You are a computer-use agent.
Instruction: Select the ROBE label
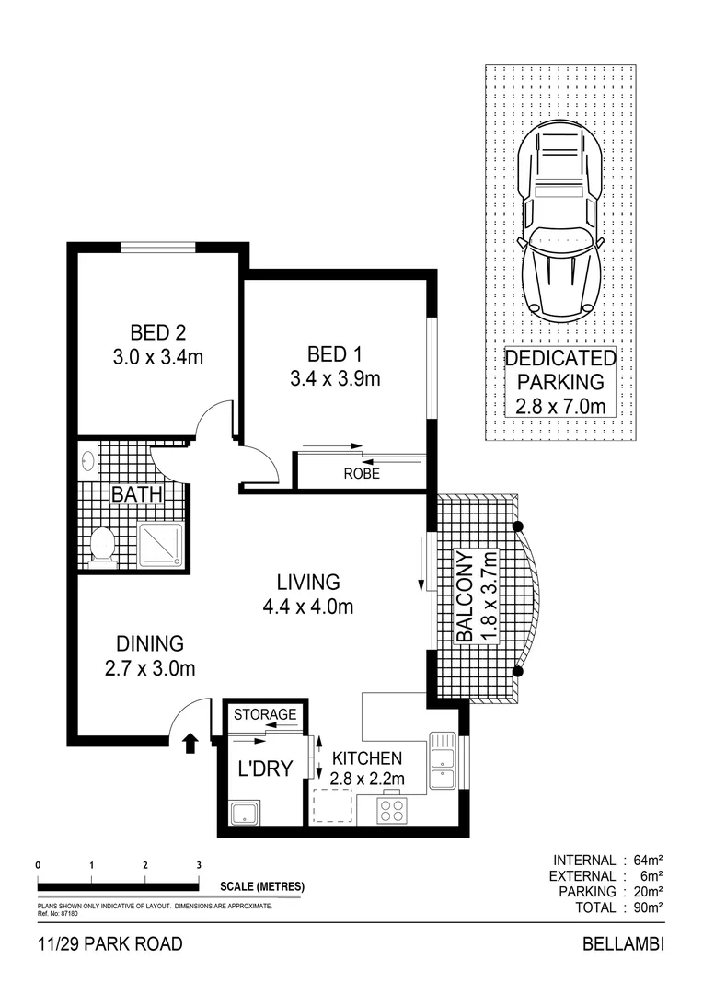(x=362, y=475)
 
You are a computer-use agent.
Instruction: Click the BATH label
(x=137, y=495)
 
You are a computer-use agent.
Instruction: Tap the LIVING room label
(x=308, y=582)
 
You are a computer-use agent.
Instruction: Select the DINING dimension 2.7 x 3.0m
(x=150, y=669)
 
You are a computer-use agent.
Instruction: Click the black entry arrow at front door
(x=191, y=742)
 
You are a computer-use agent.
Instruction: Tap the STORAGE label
(x=265, y=714)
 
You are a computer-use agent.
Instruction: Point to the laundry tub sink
(x=245, y=812)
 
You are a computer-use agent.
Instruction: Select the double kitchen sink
(x=443, y=760)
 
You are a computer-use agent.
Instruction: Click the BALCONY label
(x=465, y=596)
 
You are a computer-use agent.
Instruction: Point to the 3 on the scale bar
(x=199, y=865)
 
